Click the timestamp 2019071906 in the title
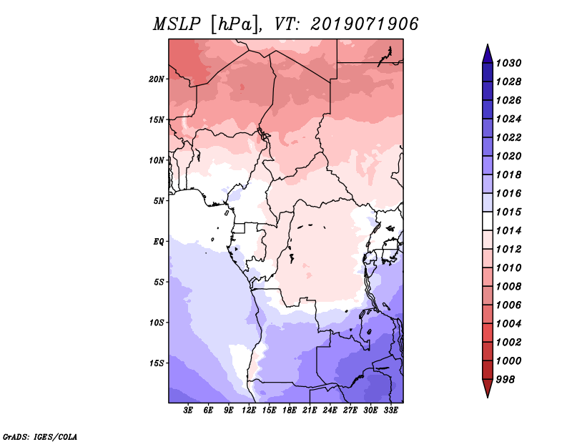[365, 24]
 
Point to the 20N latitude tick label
[157, 79]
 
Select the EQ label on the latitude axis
[159, 241]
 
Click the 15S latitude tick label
[157, 363]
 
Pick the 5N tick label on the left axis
[159, 200]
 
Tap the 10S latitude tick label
[157, 322]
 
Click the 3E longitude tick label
[189, 411]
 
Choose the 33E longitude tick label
[390, 411]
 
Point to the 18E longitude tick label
[290, 411]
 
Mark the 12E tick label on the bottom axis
[249, 411]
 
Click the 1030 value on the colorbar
[511, 63]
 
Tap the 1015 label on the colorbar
[511, 212]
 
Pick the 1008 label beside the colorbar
[511, 286]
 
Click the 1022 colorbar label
[511, 137]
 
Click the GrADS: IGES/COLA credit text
[39, 436]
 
